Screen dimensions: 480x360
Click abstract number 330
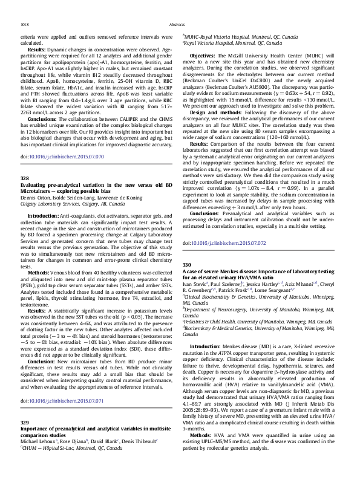[x=187, y=265]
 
